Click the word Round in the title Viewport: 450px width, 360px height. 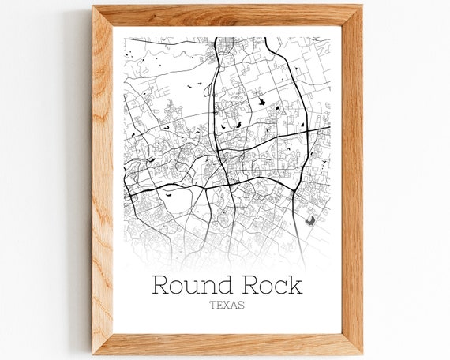coord(188,284)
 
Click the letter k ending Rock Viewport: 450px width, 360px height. coord(295,284)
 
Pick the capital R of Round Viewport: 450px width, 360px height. coord(159,284)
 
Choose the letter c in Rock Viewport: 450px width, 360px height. coord(280,286)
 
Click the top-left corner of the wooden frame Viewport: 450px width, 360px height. coord(92,6)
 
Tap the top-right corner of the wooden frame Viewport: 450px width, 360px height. coord(362,6)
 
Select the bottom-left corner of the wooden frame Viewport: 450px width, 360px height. coord(92,353)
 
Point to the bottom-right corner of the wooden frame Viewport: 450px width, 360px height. coord(362,353)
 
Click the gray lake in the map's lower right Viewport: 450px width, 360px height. coord(310,221)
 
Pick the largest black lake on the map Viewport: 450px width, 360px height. coord(257,100)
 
